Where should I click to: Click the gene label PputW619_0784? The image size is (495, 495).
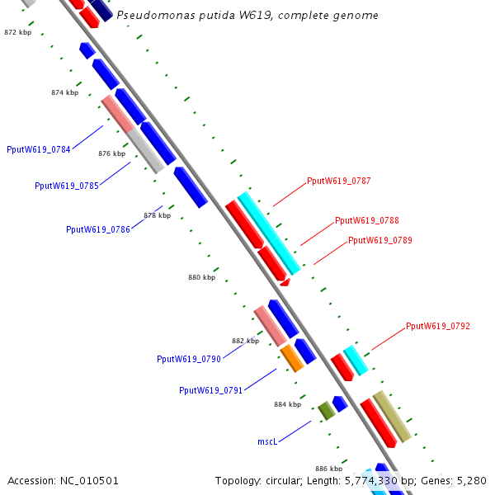coord(38,149)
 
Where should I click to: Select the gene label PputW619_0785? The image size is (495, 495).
coord(67,186)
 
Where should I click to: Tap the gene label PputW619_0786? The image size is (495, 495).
coord(98,229)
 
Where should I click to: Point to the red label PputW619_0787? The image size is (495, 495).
coord(338,181)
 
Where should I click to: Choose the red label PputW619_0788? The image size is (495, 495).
coord(366,221)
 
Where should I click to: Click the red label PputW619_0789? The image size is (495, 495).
coord(379,241)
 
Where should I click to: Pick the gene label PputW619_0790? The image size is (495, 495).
coord(189,359)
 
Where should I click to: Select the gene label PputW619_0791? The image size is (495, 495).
coord(210,390)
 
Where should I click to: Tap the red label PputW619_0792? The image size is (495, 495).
coord(437,327)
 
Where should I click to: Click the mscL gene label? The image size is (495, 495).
coord(266,442)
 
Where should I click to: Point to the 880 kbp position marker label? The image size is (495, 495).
coord(201,278)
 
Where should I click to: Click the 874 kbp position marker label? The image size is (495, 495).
coord(64,93)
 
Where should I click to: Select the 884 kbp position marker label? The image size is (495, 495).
coord(288,404)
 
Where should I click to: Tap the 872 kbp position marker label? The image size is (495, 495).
coord(17,32)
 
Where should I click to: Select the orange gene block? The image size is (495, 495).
coord(292,358)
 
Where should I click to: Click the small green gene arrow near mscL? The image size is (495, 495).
coord(326,410)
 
